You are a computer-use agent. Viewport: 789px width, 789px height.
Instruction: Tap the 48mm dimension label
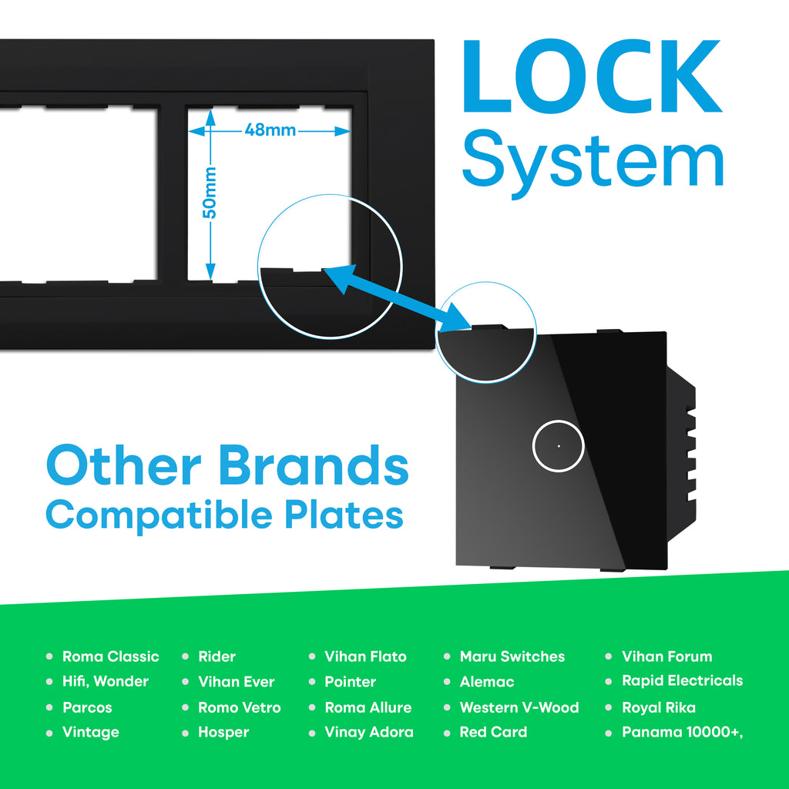tap(270, 130)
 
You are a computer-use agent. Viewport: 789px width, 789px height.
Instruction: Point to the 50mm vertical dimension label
tap(210, 192)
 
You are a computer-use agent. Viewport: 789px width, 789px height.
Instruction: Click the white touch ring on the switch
tap(558, 445)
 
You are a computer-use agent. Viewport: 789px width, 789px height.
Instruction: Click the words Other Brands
tap(227, 465)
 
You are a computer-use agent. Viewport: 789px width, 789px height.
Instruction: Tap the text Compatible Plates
tap(224, 514)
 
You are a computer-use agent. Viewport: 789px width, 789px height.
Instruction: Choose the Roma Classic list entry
tap(110, 656)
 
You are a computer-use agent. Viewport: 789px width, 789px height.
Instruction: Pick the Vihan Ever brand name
tap(236, 682)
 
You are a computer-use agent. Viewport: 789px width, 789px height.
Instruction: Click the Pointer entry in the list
tap(350, 682)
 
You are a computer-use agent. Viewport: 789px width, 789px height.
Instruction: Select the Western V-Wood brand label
tap(519, 707)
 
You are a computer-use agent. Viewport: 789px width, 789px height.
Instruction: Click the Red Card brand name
tap(493, 732)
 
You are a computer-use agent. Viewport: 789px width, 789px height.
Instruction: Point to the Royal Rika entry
tap(659, 707)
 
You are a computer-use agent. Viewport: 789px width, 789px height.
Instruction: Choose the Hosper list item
tap(223, 732)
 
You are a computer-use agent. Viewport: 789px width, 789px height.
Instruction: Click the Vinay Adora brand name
tap(368, 732)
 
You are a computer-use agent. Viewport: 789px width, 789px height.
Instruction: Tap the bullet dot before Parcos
tap(49, 707)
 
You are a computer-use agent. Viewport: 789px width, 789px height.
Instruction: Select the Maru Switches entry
tap(512, 656)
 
